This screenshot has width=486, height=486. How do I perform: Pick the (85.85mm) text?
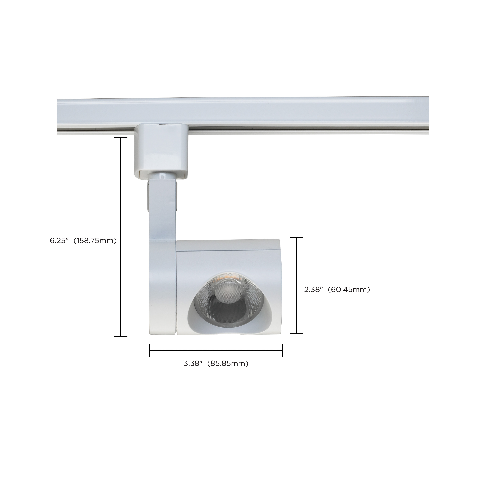click(228, 364)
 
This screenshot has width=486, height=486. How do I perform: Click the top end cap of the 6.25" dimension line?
click(121, 138)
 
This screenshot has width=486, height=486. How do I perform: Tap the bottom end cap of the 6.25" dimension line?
click(121, 336)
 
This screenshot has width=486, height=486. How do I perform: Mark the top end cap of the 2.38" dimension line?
click(297, 237)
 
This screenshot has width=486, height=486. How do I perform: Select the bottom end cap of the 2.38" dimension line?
click(297, 334)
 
